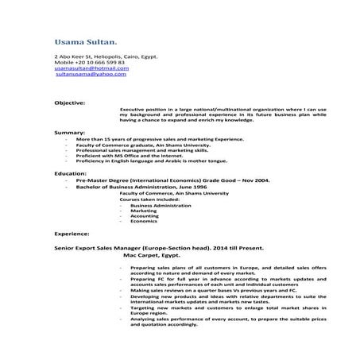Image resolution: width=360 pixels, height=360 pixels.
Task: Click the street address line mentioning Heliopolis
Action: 96,56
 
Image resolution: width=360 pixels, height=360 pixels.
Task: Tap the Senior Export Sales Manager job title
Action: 135,250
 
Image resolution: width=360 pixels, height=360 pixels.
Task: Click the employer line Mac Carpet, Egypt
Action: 152,257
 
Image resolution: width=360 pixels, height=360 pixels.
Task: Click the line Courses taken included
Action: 147,199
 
